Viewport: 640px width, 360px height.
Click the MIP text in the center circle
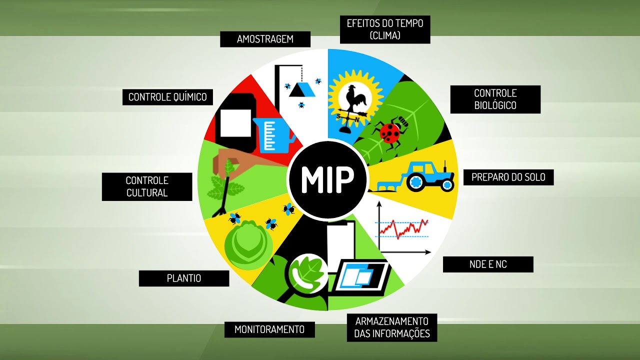click(327, 180)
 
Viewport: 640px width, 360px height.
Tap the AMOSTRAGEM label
click(265, 39)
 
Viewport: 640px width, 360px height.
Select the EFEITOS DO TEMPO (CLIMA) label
click(384, 29)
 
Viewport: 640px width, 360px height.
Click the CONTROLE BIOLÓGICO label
click(495, 99)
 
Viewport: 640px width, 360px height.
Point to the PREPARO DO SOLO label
click(508, 177)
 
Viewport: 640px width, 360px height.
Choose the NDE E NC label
click(488, 264)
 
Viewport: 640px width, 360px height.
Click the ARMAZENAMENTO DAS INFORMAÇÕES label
click(392, 327)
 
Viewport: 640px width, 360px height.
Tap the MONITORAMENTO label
click(269, 329)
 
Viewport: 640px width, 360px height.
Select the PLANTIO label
click(184, 278)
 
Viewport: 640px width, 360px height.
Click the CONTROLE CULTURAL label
click(147, 186)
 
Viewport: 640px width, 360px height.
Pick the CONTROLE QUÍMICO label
click(167, 97)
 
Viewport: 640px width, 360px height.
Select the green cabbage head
click(248, 244)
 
